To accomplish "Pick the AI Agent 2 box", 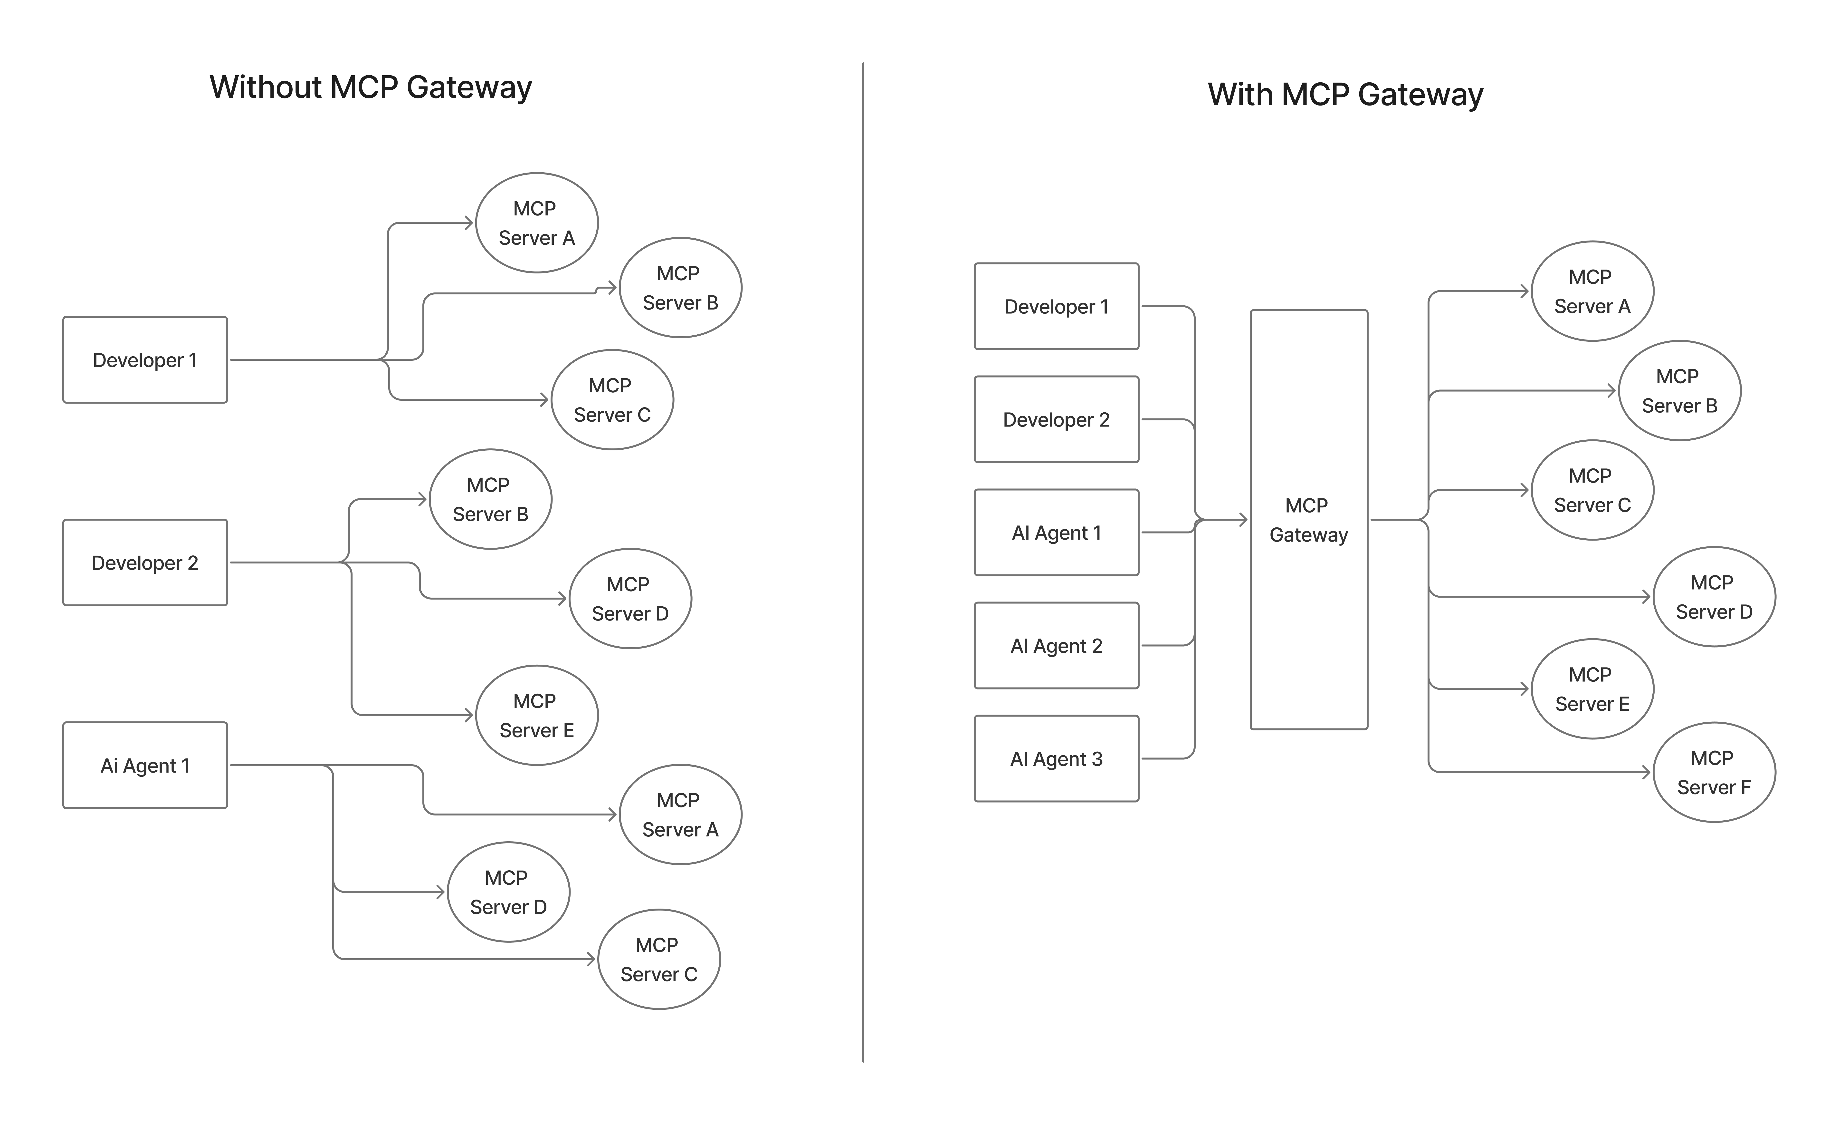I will point(1056,646).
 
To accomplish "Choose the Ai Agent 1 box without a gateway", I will point(145,765).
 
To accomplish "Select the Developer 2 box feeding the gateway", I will point(1056,419).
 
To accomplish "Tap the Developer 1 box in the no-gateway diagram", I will point(145,360).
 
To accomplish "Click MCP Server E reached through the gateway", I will point(1592,689).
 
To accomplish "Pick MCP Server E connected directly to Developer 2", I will point(537,715).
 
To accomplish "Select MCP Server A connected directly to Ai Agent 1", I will point(680,815).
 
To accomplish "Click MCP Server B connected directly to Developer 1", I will point(680,287).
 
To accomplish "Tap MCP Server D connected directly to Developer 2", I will point(630,599).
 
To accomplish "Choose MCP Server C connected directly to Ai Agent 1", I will point(658,959).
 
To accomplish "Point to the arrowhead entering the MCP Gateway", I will point(1243,520).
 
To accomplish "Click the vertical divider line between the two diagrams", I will point(863,560).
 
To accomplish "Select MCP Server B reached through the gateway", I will point(1679,390).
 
